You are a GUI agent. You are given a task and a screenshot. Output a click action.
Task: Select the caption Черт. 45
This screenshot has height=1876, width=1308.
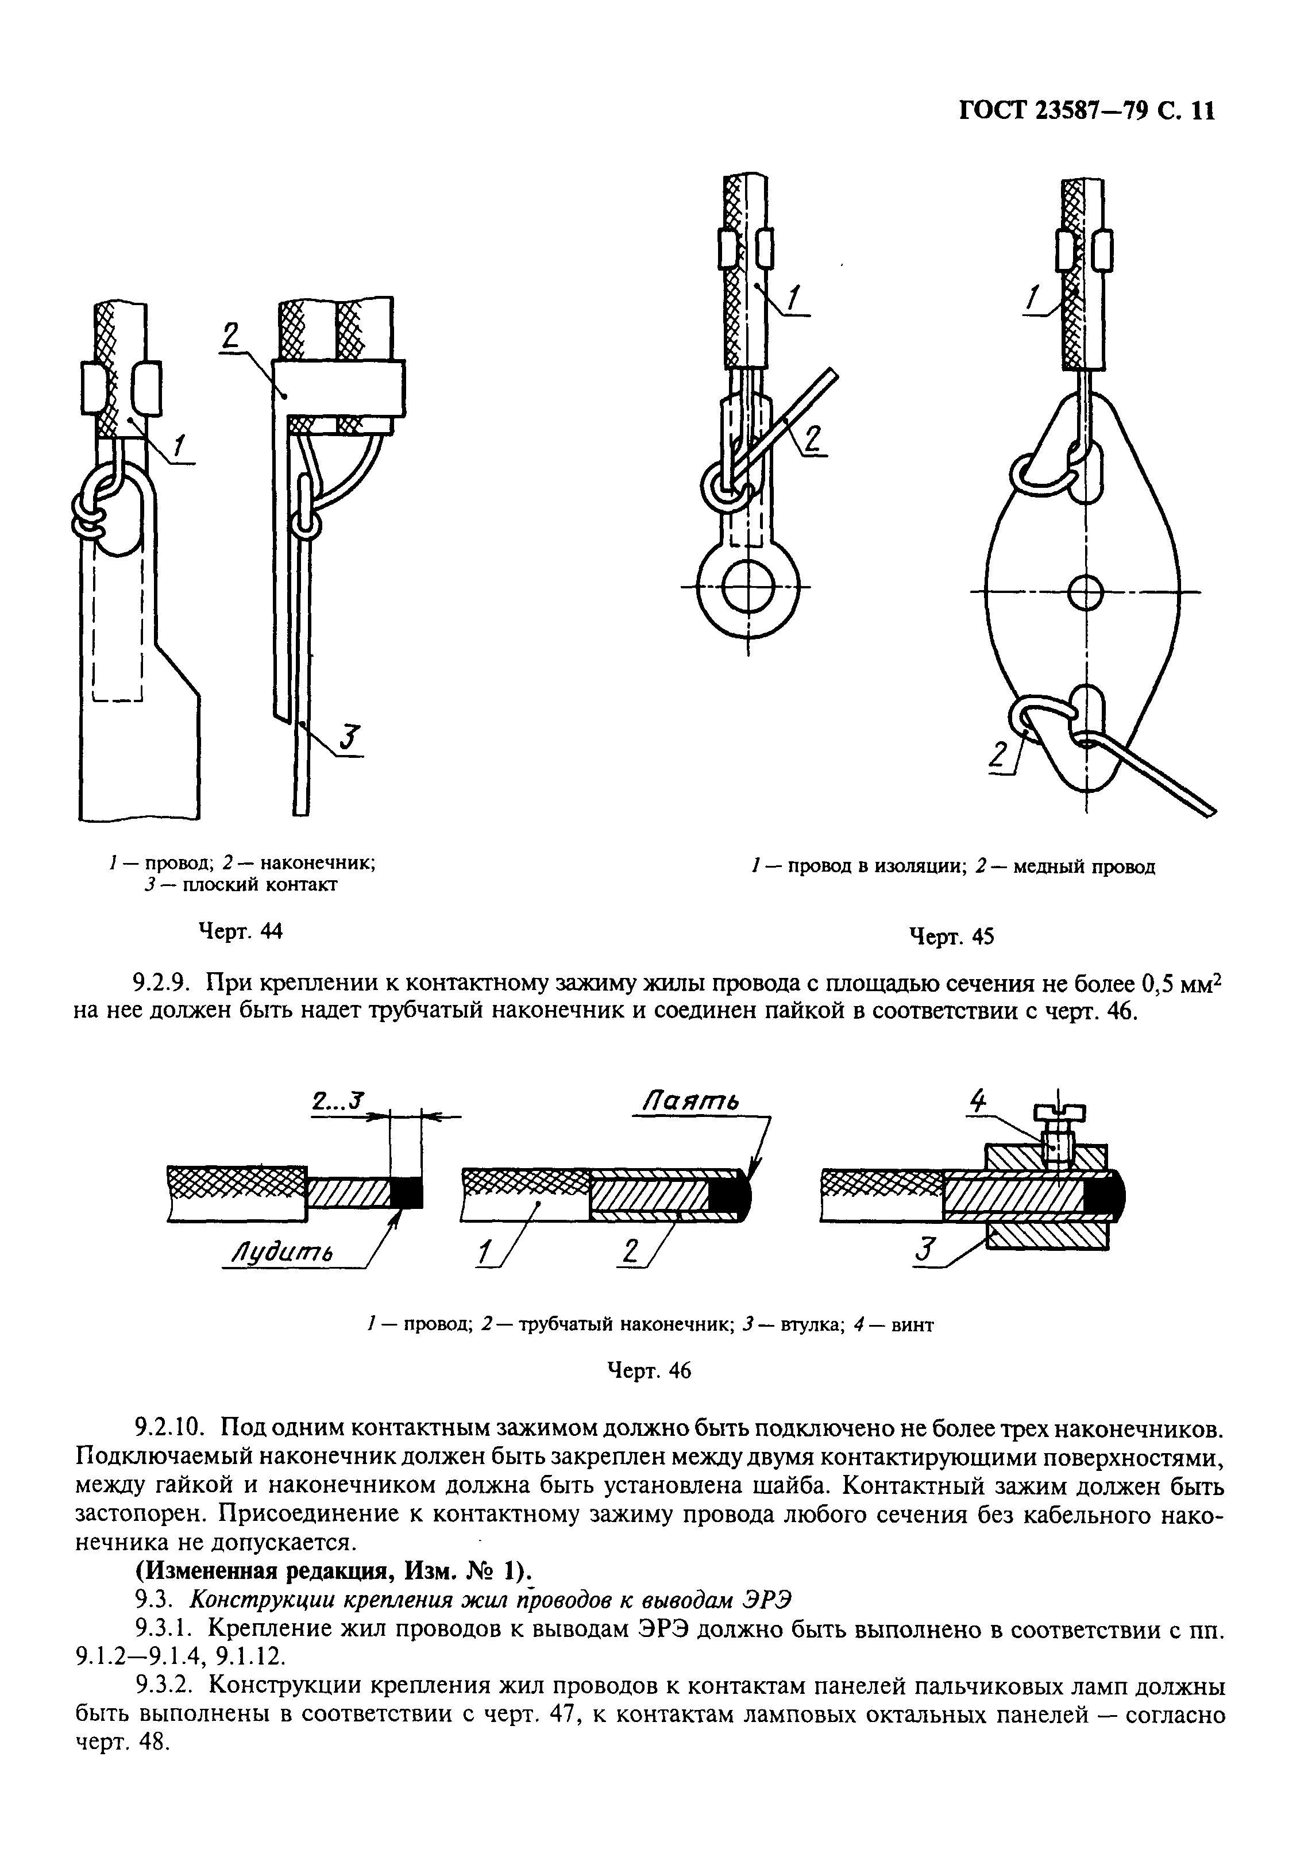(x=952, y=937)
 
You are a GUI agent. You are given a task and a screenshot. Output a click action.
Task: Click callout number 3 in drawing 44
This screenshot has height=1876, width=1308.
(x=346, y=738)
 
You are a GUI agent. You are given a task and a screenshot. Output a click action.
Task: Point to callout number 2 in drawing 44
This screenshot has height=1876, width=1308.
(x=230, y=335)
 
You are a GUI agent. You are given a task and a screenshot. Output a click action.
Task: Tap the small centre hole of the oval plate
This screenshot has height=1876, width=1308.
(x=1085, y=590)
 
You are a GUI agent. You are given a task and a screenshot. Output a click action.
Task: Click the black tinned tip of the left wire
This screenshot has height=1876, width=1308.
(x=406, y=1194)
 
